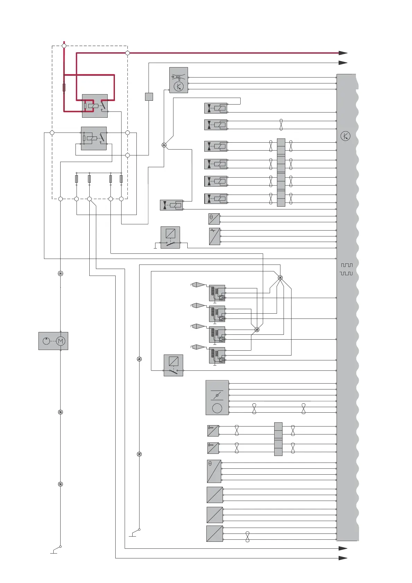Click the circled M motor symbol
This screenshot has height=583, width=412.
(x=61, y=341)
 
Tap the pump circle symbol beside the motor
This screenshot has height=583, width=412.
(x=46, y=341)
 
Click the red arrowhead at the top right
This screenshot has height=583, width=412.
(x=343, y=53)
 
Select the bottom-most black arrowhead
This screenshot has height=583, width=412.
(x=343, y=558)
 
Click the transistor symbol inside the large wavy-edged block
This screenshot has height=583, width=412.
(x=346, y=136)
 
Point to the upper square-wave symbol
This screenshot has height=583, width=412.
(x=347, y=265)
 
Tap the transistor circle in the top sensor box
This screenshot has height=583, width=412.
(x=179, y=87)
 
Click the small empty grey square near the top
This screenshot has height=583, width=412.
(x=149, y=97)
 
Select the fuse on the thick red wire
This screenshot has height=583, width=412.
(x=64, y=87)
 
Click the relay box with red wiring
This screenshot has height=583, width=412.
(x=95, y=106)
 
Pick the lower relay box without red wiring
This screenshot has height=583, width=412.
(x=94, y=138)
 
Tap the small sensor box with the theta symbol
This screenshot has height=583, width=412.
(x=214, y=219)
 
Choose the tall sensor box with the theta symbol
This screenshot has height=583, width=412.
(x=214, y=471)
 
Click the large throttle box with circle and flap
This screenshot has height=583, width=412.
(x=217, y=397)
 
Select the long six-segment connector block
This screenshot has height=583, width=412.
(x=281, y=172)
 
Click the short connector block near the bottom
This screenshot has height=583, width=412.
(x=278, y=439)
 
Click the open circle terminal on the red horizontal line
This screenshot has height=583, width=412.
(x=127, y=53)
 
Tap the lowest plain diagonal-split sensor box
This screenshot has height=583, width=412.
(x=215, y=533)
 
